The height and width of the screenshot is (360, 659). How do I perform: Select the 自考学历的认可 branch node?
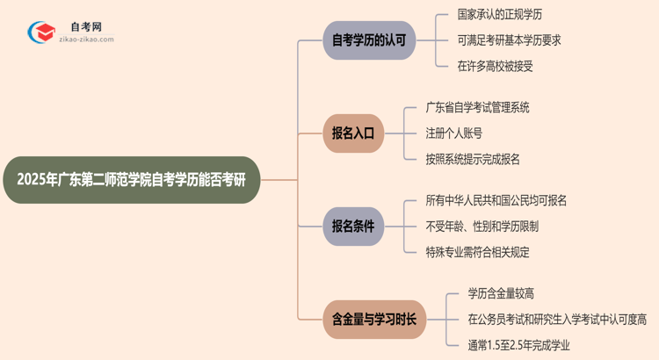[368, 40]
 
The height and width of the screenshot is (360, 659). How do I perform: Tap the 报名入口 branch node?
[353, 133]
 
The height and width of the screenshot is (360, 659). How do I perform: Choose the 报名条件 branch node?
[353, 227]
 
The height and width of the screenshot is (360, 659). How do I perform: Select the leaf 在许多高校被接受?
[496, 65]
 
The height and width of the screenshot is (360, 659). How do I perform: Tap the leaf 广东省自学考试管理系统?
[477, 108]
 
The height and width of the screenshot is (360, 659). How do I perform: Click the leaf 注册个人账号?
[453, 133]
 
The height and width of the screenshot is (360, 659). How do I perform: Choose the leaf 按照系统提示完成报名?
[473, 159]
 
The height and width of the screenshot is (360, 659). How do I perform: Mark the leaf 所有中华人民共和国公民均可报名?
[496, 201]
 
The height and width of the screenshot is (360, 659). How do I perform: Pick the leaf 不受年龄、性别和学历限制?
[482, 227]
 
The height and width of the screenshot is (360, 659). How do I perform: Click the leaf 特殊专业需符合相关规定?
[477, 252]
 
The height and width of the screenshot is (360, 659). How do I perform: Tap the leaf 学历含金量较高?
[501, 294]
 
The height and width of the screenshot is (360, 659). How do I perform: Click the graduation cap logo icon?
[41, 32]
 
